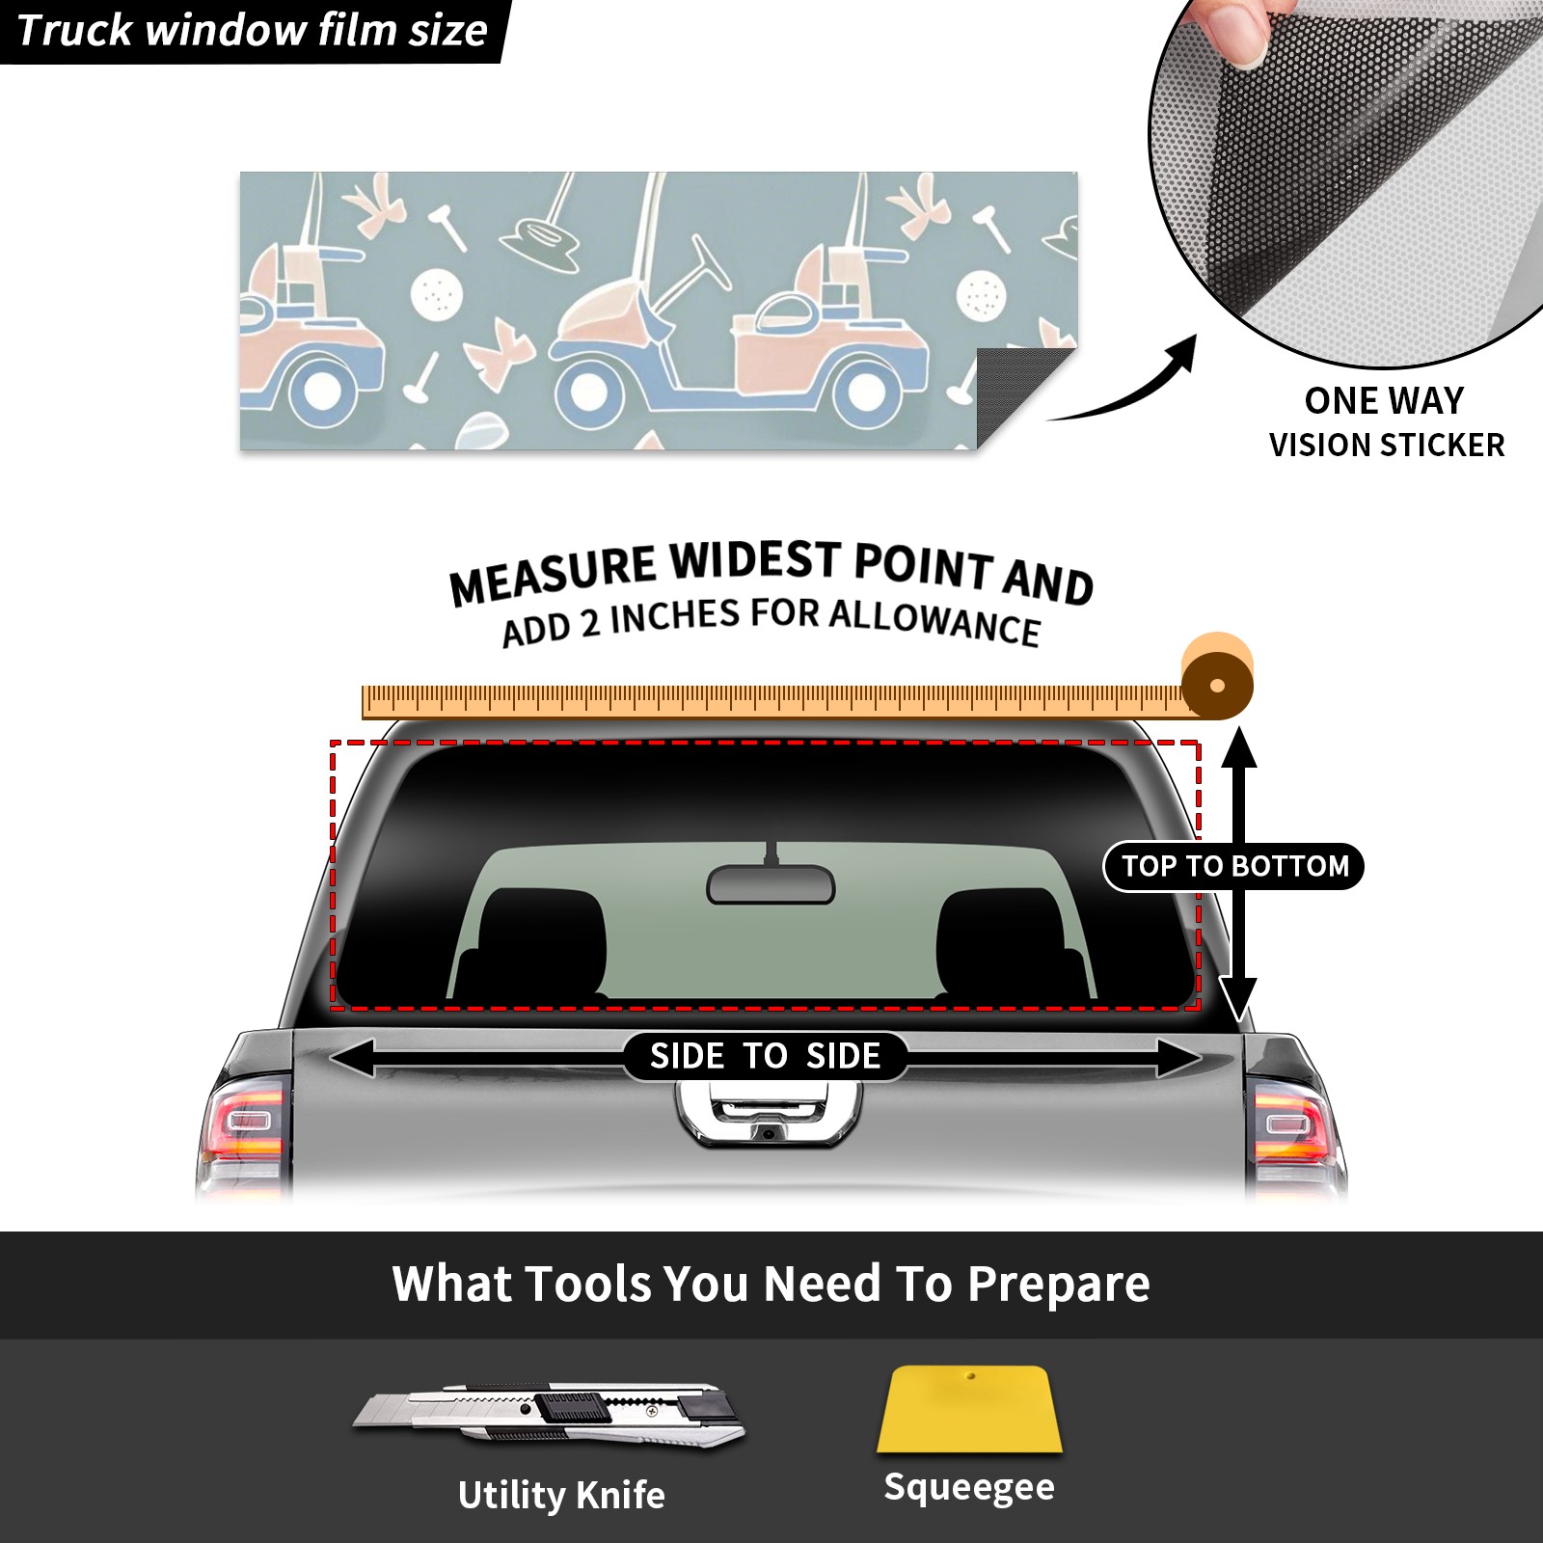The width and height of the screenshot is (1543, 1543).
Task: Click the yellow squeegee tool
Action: click(x=969, y=1409)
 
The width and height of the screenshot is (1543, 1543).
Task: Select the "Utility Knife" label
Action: click(x=561, y=1495)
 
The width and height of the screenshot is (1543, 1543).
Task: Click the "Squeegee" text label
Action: click(x=969, y=1487)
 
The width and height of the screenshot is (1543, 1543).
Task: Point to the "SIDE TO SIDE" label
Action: click(x=765, y=1056)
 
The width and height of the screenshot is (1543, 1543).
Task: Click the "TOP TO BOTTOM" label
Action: click(x=1234, y=866)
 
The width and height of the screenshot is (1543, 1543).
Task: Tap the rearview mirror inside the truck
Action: click(x=771, y=883)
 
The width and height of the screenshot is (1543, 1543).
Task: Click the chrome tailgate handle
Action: click(x=769, y=1113)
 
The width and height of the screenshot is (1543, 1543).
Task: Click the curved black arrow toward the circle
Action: click(x=1128, y=386)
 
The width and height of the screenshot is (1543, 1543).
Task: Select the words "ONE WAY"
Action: click(x=1384, y=400)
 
